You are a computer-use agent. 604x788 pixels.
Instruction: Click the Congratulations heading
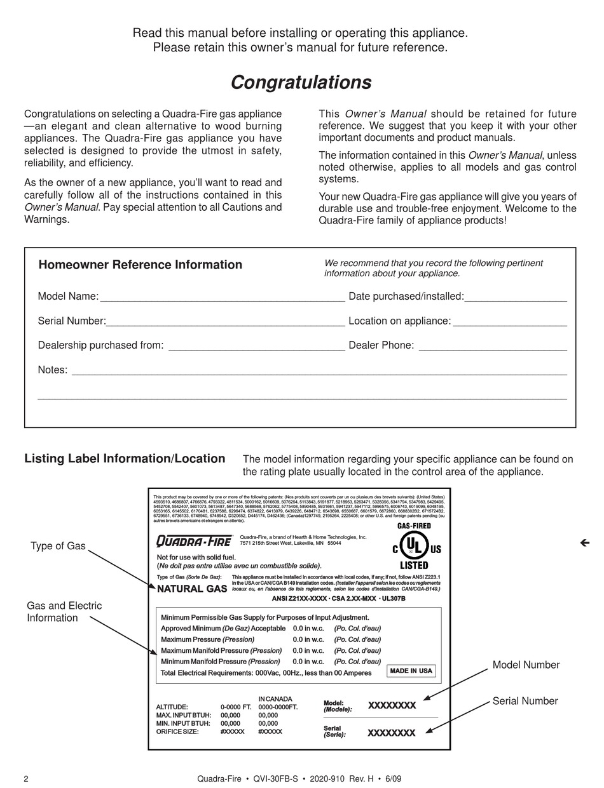point(301,83)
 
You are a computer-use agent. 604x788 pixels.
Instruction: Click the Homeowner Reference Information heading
point(140,265)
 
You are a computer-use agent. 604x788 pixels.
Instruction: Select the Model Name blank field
point(222,297)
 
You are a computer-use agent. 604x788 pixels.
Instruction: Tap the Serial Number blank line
point(225,321)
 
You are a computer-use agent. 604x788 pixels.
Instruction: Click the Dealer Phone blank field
point(492,345)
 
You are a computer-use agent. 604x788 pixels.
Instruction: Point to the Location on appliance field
point(509,321)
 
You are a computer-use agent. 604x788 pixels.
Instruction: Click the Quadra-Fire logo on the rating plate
point(195,541)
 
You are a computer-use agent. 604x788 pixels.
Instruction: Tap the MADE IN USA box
point(411,671)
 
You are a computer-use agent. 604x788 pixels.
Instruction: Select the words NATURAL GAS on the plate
point(192,589)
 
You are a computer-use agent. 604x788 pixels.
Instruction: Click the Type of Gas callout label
point(58,546)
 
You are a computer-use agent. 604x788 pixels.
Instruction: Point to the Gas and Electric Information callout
point(64,611)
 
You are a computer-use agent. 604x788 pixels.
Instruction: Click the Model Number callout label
point(526,665)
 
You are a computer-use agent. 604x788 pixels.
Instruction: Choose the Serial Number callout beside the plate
point(525,701)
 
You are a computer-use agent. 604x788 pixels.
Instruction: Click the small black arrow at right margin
point(585,542)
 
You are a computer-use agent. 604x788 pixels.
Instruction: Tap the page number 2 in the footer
point(26,779)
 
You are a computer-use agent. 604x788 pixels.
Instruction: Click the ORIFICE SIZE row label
point(177,731)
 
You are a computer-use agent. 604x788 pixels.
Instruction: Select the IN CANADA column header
point(275,698)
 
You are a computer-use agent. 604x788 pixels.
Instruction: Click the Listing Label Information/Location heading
point(125,458)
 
